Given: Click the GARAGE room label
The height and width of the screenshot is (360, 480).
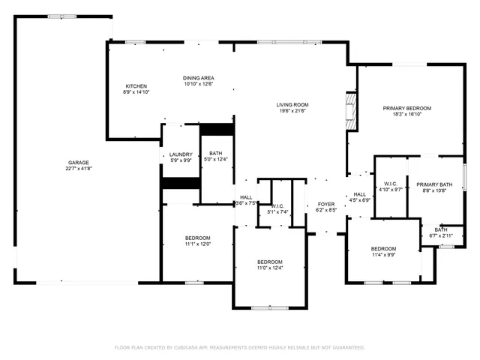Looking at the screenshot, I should coord(79,163).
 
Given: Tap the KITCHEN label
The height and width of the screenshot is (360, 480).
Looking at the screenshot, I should coord(136,86).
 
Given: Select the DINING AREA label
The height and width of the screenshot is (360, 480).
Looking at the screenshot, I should coord(199,78).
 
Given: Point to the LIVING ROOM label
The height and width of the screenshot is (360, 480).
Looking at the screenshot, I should coord(293,104).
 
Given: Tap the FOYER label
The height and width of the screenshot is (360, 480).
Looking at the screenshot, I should coord(325,204).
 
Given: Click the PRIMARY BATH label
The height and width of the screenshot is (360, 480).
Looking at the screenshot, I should coord(435,184).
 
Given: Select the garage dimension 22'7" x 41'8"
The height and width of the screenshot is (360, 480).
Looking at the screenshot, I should coord(79,169).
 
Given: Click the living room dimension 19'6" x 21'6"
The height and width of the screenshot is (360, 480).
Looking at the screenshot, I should coord(293,111).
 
